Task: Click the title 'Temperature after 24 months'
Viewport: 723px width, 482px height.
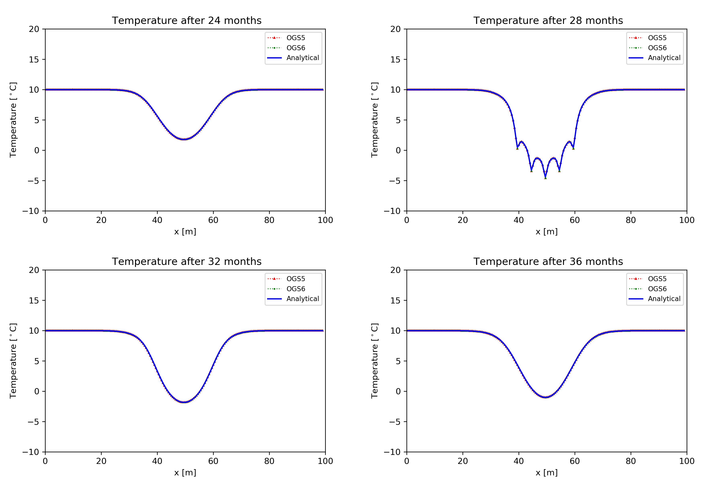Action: pos(187,21)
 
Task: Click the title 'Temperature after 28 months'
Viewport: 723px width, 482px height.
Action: pos(548,21)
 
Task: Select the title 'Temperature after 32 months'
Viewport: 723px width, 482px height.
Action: pos(187,262)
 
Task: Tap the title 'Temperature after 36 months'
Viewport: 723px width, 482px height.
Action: pos(548,262)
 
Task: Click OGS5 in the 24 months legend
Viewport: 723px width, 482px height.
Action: pos(295,38)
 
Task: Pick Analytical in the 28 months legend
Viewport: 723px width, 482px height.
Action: pos(664,58)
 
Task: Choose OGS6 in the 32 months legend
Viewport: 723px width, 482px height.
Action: pos(295,289)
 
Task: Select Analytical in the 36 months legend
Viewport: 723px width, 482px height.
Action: pos(664,299)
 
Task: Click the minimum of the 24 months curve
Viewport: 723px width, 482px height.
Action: pos(184,139)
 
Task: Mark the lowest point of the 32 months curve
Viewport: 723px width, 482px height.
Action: pos(184,402)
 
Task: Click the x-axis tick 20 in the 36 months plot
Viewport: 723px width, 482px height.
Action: pos(463,461)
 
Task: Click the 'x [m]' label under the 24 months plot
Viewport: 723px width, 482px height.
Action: pos(185,232)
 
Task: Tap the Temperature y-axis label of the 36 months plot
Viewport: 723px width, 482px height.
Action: pos(374,361)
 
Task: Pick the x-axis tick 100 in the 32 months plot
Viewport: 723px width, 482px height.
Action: pos(325,461)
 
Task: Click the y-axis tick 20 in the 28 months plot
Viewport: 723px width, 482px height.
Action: pos(396,29)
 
